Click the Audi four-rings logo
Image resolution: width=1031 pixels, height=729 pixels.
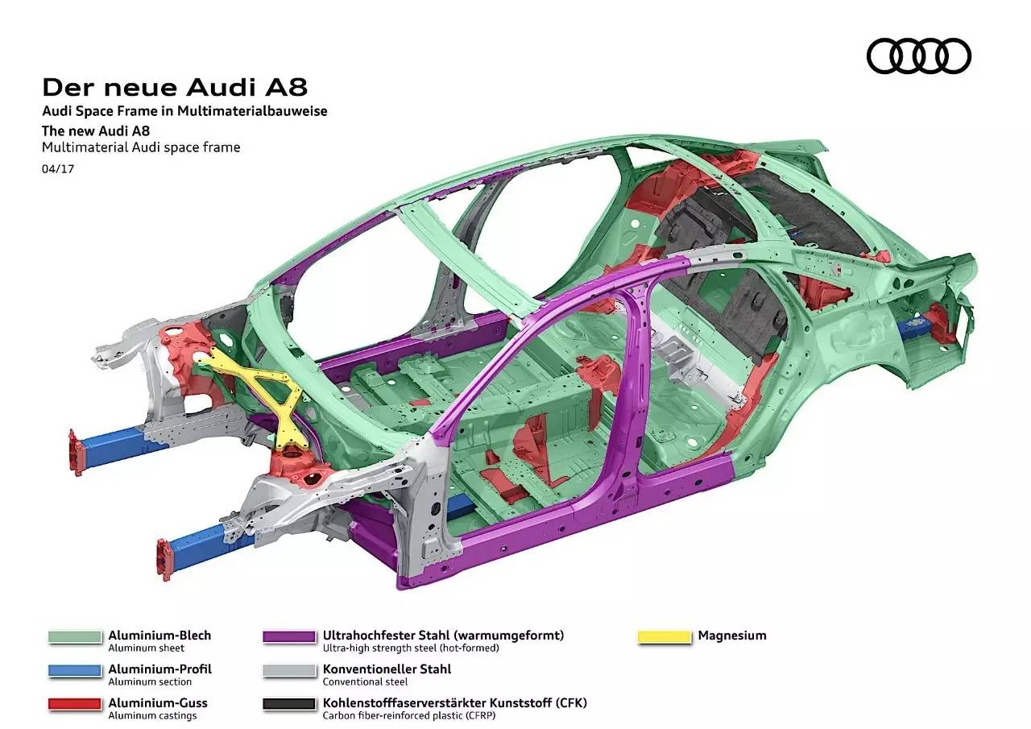click(918, 56)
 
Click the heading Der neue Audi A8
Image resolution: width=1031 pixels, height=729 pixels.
click(174, 86)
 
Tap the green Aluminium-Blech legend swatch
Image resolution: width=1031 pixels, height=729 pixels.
click(74, 637)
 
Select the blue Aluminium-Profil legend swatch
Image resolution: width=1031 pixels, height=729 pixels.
click(74, 671)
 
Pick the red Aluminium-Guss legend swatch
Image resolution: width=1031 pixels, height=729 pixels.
click(74, 705)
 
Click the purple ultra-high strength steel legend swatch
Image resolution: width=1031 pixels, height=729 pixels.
click(289, 637)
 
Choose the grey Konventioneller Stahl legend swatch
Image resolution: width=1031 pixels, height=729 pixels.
click(289, 671)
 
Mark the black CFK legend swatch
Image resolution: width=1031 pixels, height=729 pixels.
click(289, 705)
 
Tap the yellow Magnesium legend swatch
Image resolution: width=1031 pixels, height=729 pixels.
click(665, 637)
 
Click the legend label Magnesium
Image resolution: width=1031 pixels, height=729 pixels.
click(732, 636)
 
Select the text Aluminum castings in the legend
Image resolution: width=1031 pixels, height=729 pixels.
click(152, 715)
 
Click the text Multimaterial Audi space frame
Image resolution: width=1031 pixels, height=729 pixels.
click(141, 147)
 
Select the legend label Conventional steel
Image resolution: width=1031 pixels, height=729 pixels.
click(365, 681)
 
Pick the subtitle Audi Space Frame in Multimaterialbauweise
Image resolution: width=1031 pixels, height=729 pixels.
click(184, 111)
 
